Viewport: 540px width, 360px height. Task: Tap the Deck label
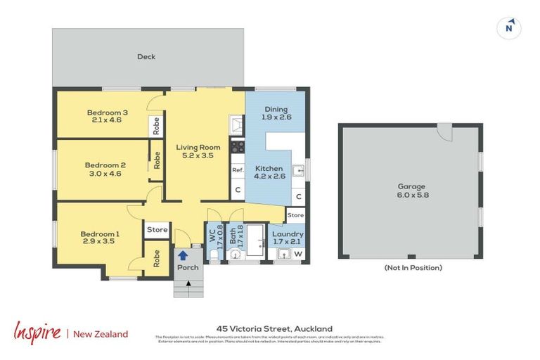pos(146,57)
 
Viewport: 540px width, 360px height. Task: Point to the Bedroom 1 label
pos(99,234)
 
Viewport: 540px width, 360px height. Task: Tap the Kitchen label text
pos(269,168)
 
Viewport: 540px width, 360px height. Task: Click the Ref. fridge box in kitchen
pos(238,169)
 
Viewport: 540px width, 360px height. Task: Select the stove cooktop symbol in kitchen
pos(238,148)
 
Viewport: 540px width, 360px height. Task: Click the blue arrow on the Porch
pos(183,257)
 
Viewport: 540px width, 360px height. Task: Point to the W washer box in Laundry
pos(297,254)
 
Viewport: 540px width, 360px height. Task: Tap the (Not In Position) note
pos(413,268)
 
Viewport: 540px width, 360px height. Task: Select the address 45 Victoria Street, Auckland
pos(274,328)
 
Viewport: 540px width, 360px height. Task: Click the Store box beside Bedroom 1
pos(157,229)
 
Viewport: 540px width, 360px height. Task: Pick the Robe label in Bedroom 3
pos(156,126)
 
